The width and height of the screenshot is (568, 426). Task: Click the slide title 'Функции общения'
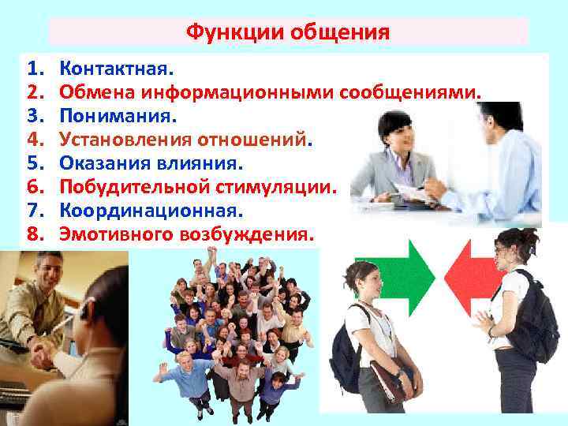coord(288,32)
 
